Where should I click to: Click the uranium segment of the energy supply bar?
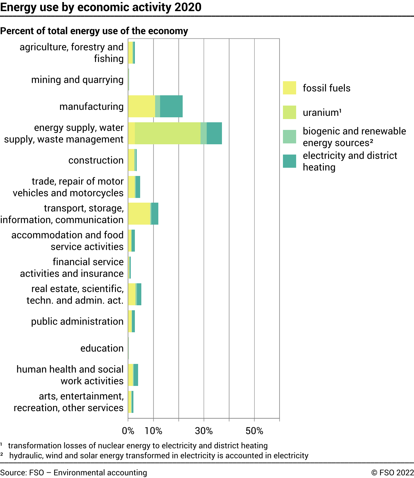click(168, 133)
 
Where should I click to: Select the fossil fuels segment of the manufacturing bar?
click(142, 106)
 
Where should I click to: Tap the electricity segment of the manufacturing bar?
click(171, 106)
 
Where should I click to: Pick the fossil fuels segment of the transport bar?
click(139, 213)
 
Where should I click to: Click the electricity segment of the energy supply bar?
click(214, 133)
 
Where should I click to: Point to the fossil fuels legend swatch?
click(289, 88)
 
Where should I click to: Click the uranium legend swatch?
click(289, 112)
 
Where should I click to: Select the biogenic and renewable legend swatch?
click(289, 137)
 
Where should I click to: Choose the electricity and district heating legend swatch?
click(289, 161)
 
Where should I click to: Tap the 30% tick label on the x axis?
click(204, 431)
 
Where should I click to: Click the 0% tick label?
click(128, 431)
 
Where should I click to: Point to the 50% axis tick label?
click(254, 431)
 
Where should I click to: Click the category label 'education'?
click(102, 348)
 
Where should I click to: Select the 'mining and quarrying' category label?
click(77, 80)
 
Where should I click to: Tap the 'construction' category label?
click(96, 160)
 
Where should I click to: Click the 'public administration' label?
click(77, 321)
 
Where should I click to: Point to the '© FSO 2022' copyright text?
click(392, 472)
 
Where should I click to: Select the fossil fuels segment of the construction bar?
click(131, 160)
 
